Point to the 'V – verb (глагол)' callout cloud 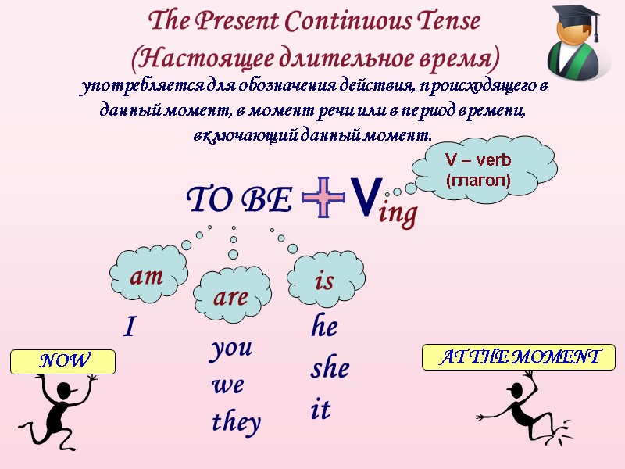478,169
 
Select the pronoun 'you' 231,349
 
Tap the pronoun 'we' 227,385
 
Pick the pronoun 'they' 236,422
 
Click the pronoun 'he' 324,327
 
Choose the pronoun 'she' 330,368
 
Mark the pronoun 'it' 320,410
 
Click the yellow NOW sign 63,361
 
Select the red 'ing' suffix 398,213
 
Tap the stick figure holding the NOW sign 56,410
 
